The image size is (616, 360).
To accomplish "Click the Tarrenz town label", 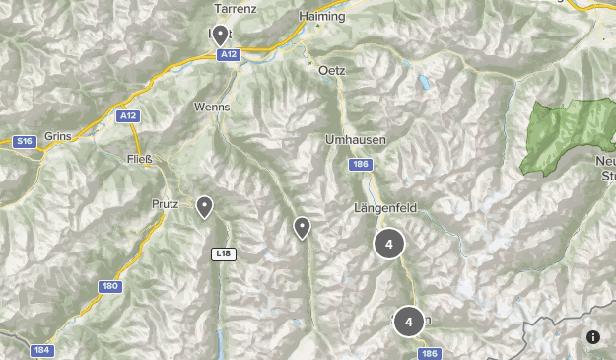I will pos(235,8).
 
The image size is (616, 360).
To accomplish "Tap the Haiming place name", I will pos(323,17).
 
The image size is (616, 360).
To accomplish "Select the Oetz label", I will pos(333,70).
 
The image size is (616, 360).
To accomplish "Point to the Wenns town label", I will pos(213,107).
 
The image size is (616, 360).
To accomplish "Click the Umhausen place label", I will pos(355,140).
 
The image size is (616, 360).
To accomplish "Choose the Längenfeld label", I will pos(381,208).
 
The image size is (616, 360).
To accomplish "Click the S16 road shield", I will pos(24,142).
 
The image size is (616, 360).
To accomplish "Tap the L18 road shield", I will pos(224,253).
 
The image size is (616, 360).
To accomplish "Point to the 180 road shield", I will pos(109,286).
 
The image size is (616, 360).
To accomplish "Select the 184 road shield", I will pos(41,350).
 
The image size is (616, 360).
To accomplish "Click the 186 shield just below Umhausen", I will pos(361,165).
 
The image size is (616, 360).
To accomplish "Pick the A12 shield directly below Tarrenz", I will pos(229,55).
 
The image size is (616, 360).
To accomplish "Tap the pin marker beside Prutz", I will pos(204,207).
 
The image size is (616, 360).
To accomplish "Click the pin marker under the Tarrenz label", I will pos(220,36).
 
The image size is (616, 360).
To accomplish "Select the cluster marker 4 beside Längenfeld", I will pos(389,244).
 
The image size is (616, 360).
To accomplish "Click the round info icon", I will pos(593,337).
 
